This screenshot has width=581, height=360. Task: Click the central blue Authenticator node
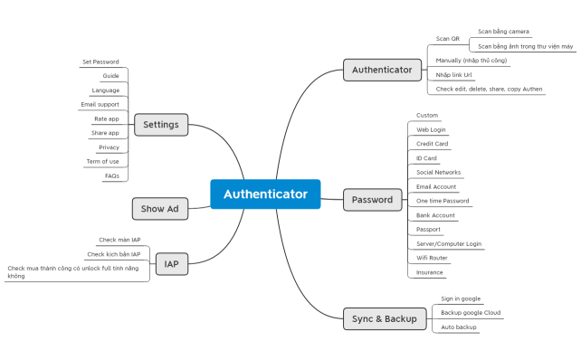[265, 194]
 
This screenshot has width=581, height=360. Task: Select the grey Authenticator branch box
[381, 69]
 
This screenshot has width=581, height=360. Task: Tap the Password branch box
[372, 200]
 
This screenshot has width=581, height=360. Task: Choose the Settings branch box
[161, 125]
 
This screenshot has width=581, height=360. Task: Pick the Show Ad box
[159, 209]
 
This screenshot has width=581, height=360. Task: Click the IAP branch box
[171, 264]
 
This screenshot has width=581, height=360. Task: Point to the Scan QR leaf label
[448, 39]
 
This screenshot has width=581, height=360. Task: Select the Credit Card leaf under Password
[432, 144]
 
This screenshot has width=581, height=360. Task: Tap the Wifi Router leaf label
[432, 258]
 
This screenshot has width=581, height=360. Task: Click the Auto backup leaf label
[458, 327]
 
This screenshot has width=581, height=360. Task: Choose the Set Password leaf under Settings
[100, 62]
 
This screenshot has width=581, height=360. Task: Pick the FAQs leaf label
[111, 175]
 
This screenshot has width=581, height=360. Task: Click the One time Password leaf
[442, 201]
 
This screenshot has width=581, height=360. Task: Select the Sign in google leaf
[461, 298]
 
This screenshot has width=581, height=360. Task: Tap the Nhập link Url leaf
[453, 75]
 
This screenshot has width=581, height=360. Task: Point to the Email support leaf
[100, 104]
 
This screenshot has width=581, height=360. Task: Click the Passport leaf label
[428, 229]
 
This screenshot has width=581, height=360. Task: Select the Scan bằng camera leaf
[503, 31]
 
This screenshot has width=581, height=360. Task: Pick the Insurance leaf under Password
[429, 272]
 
